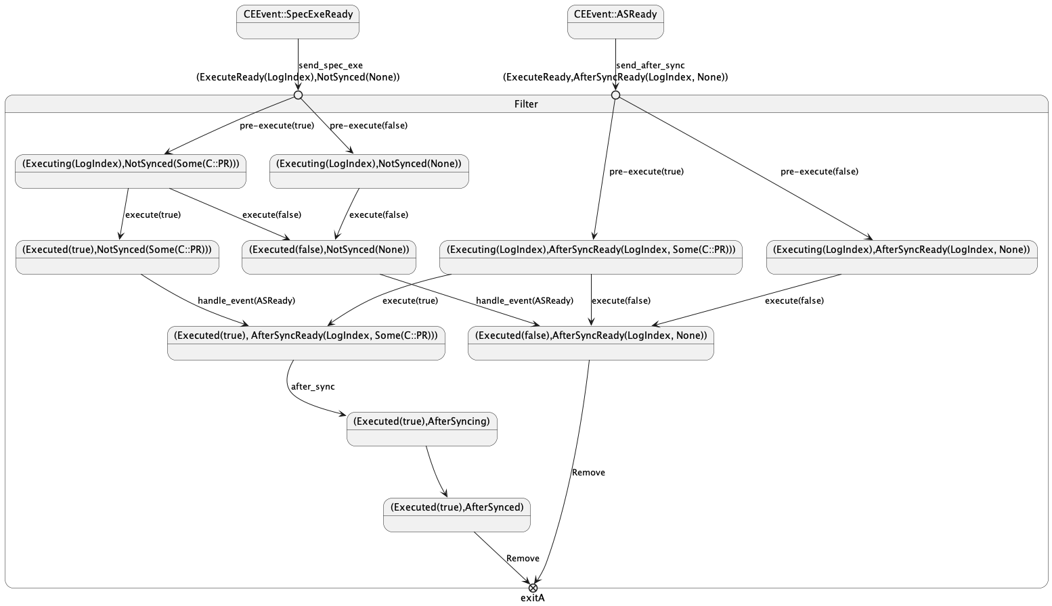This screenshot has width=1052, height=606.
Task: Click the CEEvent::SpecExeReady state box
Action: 298,22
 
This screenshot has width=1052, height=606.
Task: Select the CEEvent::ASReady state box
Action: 615,22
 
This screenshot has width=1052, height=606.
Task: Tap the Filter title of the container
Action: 526,104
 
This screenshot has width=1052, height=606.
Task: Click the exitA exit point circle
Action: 533,588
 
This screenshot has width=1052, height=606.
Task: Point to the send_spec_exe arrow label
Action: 330,66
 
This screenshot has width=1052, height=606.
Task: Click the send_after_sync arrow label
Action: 650,66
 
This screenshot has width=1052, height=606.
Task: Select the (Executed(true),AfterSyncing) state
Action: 422,429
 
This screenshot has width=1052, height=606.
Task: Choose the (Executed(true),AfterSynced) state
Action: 457,515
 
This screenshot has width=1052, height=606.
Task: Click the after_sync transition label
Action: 313,387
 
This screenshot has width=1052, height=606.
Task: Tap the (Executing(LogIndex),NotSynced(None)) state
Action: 369,171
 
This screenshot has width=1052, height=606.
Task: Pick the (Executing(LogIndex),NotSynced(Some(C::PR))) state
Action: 131,171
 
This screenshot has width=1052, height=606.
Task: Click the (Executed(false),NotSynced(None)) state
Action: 329,257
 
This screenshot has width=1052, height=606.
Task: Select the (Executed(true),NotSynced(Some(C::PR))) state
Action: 117,257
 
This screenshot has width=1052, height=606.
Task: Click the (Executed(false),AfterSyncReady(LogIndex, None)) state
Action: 591,343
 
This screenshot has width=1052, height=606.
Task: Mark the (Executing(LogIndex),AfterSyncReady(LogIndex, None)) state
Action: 902,257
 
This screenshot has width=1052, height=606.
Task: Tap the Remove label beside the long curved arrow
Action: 588,473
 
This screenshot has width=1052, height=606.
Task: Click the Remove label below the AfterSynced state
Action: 523,559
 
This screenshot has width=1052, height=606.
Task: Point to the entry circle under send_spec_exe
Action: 298,95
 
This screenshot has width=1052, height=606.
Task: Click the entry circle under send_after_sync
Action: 615,95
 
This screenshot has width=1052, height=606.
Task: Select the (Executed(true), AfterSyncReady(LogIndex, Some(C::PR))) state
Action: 306,343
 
